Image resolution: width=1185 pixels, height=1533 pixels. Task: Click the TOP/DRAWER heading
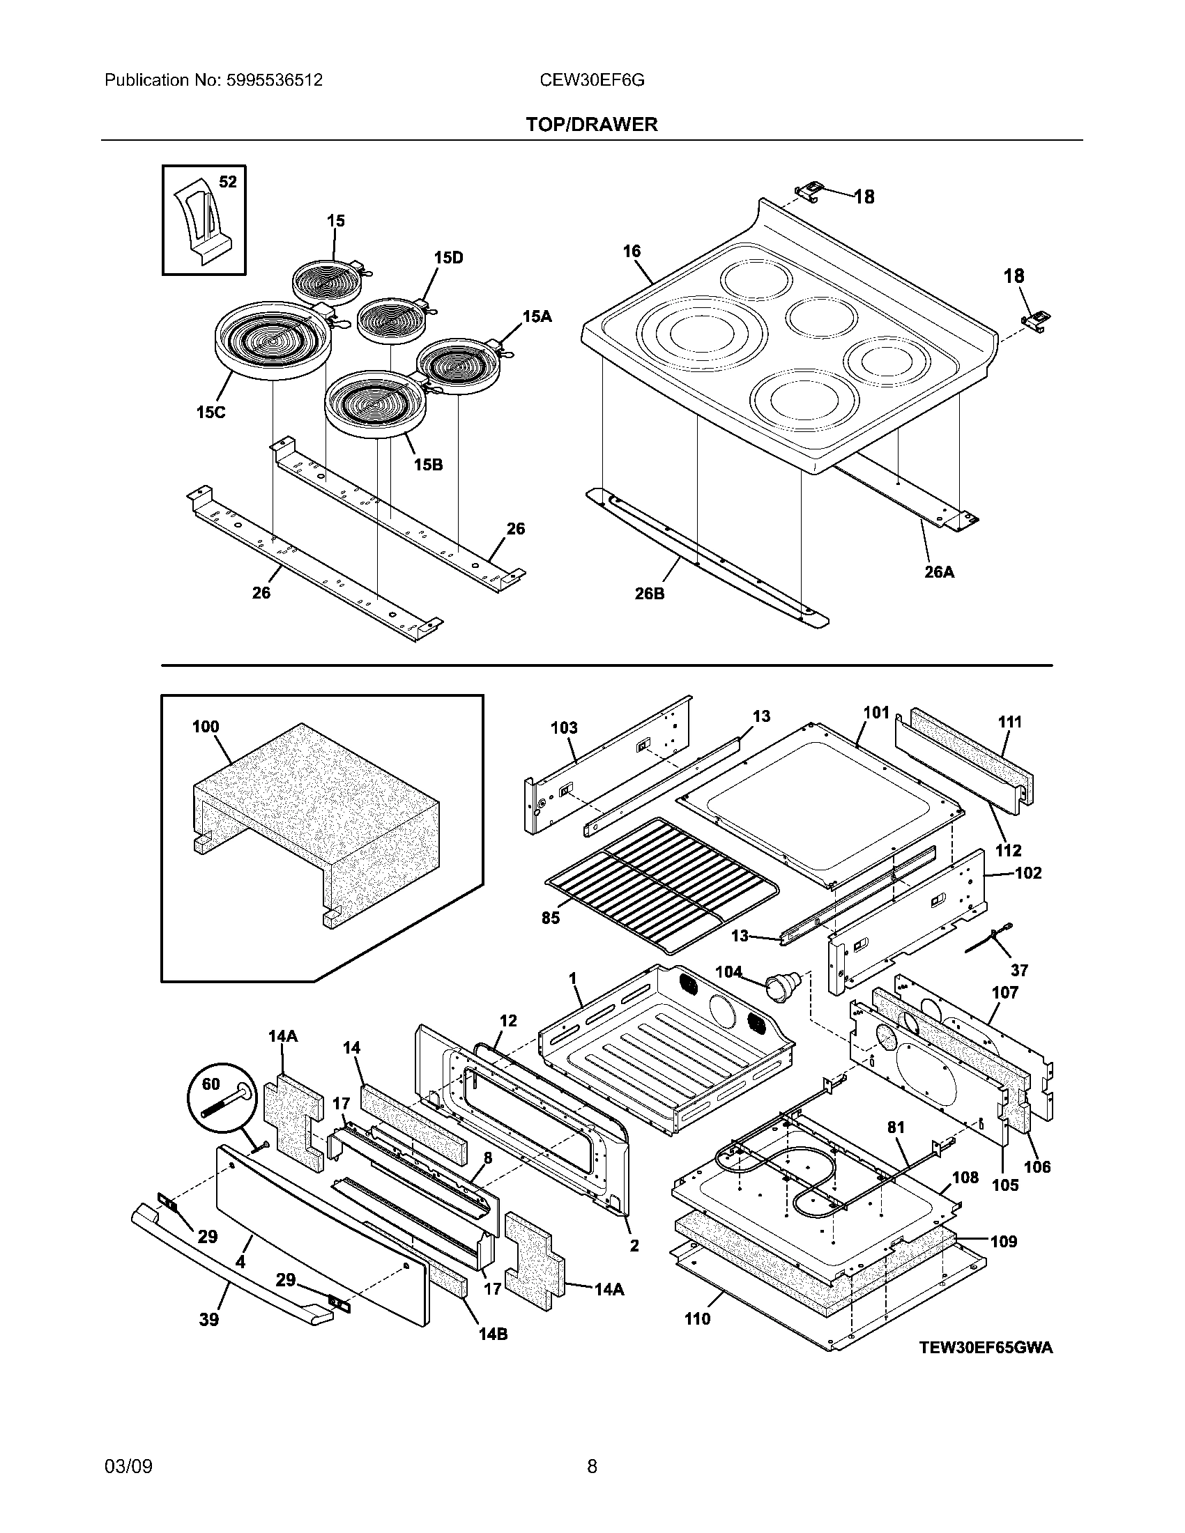[592, 124]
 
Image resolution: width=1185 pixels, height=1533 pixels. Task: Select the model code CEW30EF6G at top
[592, 80]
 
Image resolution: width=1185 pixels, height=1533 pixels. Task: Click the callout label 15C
[211, 412]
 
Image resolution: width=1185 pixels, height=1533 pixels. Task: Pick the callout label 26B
[649, 594]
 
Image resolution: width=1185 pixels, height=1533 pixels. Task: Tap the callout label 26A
[939, 572]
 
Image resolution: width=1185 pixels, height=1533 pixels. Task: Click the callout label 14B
[493, 1334]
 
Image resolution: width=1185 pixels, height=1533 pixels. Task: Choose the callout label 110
[697, 1319]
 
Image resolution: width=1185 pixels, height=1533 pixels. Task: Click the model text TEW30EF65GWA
[986, 1348]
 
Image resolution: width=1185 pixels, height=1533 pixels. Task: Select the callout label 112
[1009, 850]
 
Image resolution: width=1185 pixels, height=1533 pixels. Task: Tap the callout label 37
[1018, 970]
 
